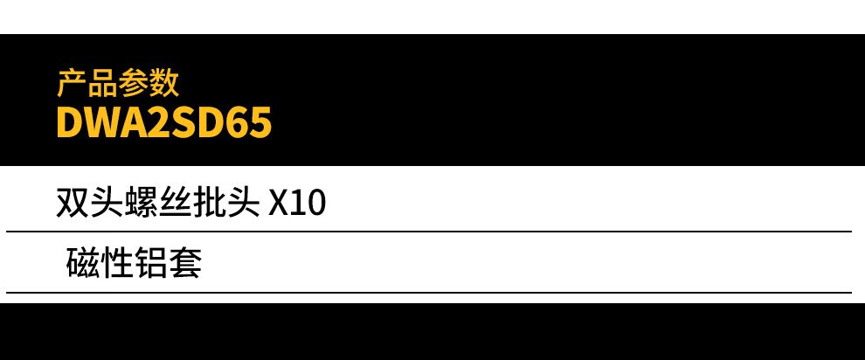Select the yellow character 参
click(133, 83)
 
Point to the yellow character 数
click(163, 83)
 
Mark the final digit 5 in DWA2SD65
click(260, 123)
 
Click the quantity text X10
click(296, 204)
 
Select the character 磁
click(83, 262)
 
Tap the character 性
click(117, 262)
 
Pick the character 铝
click(151, 262)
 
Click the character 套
click(185, 262)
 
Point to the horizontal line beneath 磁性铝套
click(428, 292)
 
